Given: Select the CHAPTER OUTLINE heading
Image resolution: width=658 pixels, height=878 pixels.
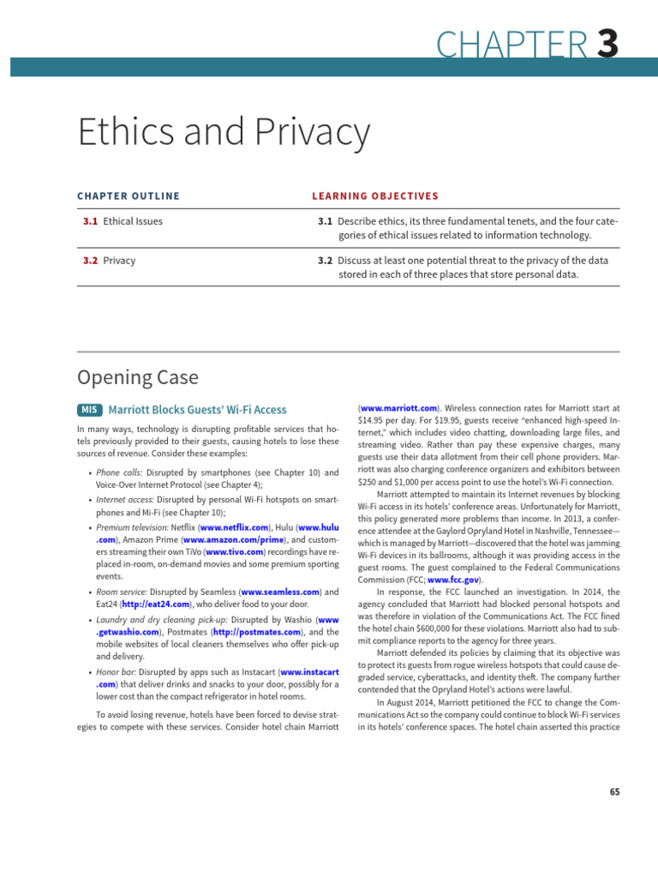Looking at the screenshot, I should click(129, 196).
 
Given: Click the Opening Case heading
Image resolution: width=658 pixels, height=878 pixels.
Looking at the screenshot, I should click(137, 376).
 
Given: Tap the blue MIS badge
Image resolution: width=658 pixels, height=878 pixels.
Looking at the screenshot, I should click(89, 411).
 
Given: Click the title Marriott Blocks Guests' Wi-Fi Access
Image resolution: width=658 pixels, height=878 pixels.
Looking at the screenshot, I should click(198, 411).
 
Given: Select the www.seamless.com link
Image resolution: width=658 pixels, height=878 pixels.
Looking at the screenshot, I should click(281, 592).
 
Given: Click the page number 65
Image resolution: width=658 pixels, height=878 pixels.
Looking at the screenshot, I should click(613, 791).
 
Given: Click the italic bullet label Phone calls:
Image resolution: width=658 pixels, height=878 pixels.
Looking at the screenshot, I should click(119, 472).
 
